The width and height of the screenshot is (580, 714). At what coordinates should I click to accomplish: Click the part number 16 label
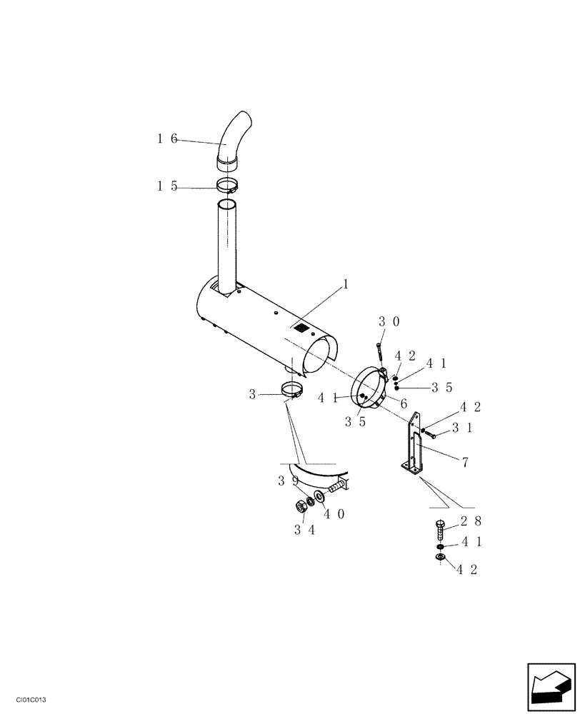pos(167,139)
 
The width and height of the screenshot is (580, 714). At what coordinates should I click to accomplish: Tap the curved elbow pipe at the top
pos(232,139)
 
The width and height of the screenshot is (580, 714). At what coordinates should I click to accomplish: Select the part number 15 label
pos(167,187)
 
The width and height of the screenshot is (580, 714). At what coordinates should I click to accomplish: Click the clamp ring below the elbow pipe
pos(227,187)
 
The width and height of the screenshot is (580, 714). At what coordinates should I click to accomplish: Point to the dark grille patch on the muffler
pos(302,328)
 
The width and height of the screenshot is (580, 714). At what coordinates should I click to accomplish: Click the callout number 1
pos(346,284)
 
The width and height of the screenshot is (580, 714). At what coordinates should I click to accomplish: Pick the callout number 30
pos(389,322)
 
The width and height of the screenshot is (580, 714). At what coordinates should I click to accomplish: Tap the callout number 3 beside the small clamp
pos(253,393)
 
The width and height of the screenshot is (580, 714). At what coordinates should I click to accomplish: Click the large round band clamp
pos(372,389)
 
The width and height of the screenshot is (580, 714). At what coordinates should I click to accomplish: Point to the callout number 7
pos(465,462)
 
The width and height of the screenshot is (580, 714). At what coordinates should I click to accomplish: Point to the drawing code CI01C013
pos(26,702)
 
